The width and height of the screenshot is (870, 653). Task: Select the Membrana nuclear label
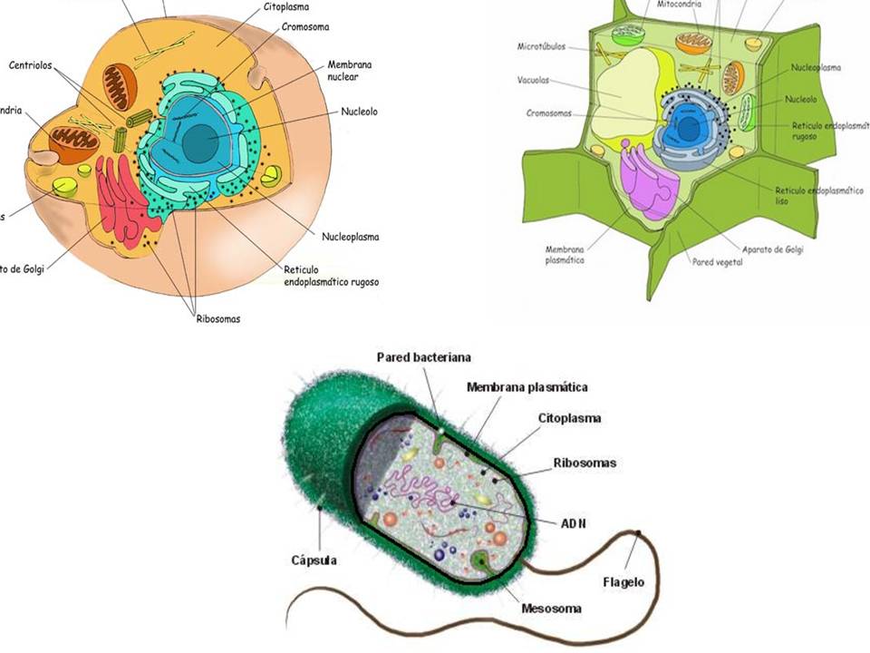[350, 71]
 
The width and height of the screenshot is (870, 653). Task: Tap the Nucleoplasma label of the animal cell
[350, 238]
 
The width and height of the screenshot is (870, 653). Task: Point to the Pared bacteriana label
[424, 357]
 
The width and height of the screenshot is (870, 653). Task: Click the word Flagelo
[623, 582]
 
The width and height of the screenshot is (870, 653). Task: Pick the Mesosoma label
[551, 609]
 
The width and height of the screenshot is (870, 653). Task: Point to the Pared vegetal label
[717, 263]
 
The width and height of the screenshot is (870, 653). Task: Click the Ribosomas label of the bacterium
[585, 463]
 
